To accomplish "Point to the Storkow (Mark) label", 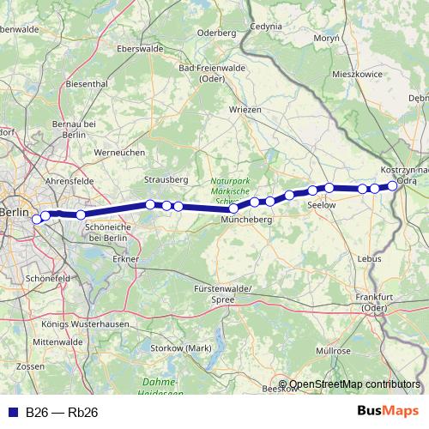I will coord(180,347).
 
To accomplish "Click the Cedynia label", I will coord(265,27).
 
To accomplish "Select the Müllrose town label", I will coord(333,351).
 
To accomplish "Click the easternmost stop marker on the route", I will coord(392,185).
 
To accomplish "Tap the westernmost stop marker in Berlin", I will coord(37,219).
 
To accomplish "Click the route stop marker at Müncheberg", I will coord(233,208).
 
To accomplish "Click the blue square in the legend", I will coord(11,413).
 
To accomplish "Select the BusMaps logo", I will coord(388,412).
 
